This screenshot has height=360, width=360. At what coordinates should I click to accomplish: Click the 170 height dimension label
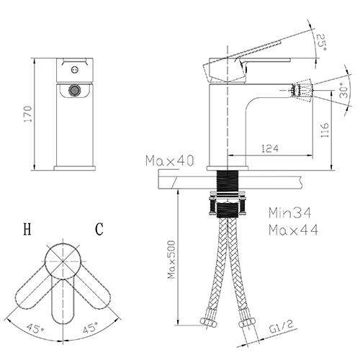[x=28, y=114]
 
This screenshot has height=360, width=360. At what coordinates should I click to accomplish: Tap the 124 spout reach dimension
[x=270, y=148]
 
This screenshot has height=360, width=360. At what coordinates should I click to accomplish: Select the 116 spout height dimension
[x=324, y=130]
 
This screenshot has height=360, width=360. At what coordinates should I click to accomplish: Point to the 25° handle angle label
[x=322, y=42]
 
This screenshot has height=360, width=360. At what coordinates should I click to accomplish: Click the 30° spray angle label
[x=344, y=90]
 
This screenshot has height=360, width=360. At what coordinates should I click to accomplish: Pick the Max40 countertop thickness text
[x=169, y=161]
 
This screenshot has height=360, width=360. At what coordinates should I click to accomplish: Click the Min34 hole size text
[x=289, y=212]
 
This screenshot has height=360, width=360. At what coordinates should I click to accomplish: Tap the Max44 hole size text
[x=293, y=230]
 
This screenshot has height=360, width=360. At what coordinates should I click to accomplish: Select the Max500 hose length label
[x=171, y=260]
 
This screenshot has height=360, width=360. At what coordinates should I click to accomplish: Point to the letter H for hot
[x=27, y=229]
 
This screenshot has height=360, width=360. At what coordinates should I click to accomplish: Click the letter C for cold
[x=99, y=229]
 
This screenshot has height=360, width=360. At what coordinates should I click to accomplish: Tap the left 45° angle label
[x=35, y=328]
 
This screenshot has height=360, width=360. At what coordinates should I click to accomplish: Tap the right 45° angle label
[x=91, y=328]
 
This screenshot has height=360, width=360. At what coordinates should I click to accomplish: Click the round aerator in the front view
[x=74, y=91]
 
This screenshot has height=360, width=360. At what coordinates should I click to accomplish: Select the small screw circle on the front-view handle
[x=75, y=70]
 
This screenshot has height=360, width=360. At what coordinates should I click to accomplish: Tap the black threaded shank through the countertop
[x=228, y=181]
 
